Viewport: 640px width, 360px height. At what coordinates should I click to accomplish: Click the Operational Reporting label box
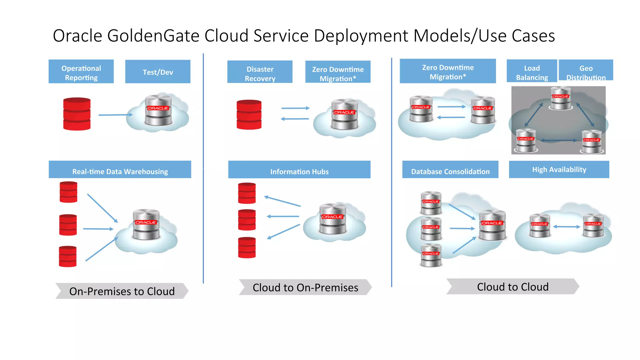click(81, 72)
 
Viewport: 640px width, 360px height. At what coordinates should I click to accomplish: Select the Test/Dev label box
click(158, 72)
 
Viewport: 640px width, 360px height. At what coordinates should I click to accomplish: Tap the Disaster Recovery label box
click(260, 72)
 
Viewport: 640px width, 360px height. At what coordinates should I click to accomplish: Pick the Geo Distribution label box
click(586, 70)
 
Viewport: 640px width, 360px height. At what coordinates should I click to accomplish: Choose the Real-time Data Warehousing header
click(120, 170)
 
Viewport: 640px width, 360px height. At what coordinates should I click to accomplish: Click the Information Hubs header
click(299, 170)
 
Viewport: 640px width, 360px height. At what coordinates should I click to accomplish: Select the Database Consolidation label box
click(450, 170)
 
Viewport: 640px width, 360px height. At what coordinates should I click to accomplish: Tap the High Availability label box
click(559, 169)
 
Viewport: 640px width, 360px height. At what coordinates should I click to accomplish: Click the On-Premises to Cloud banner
click(122, 291)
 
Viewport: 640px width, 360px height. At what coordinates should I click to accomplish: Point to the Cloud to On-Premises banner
click(305, 287)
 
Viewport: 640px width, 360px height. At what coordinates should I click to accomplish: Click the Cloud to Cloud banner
click(512, 287)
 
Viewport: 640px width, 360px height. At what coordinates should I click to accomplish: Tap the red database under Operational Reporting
click(77, 114)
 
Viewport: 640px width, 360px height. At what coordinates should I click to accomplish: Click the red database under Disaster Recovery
click(249, 115)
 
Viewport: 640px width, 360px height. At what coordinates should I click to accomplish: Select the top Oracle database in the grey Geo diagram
click(561, 98)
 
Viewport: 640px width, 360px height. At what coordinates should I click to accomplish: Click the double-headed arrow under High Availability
click(567, 227)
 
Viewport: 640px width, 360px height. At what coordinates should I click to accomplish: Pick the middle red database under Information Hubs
click(247, 220)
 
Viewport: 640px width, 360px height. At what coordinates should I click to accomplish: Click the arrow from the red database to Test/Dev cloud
click(115, 115)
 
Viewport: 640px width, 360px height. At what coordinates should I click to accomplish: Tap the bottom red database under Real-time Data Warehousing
click(68, 257)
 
